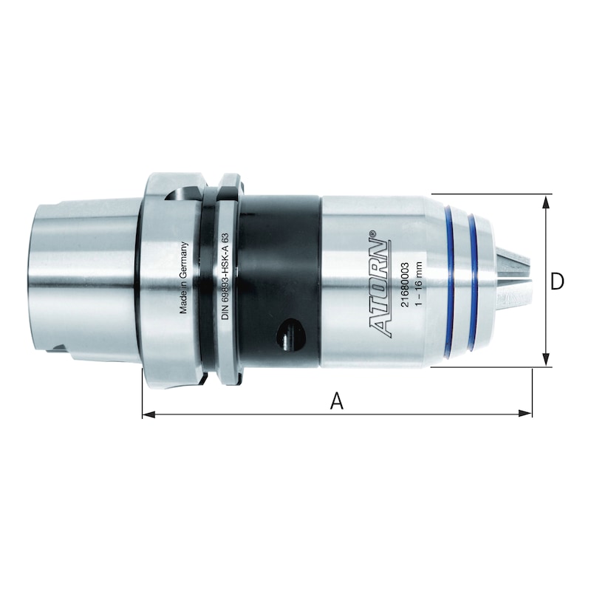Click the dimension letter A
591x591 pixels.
click(x=337, y=400)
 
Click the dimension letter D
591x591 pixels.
click(x=557, y=281)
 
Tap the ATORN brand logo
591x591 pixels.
click(x=379, y=283)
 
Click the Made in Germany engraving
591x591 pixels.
click(x=183, y=278)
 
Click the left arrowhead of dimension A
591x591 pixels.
click(x=148, y=414)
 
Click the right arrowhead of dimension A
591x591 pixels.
click(x=525, y=414)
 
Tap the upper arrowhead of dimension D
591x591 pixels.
click(x=545, y=202)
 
